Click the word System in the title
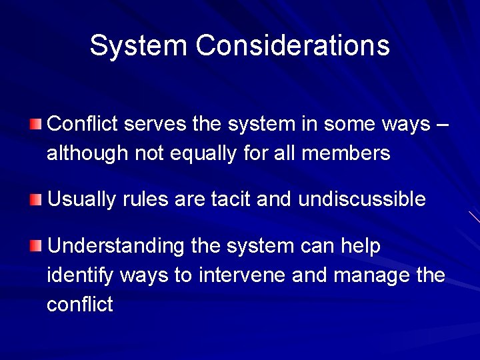[138, 45]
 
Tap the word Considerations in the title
[293, 45]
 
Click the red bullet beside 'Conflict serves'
[35, 124]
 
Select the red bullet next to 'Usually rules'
[35, 199]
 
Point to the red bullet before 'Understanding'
[35, 247]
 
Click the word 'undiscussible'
[362, 199]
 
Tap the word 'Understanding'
[116, 247]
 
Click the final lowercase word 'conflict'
[80, 305]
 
